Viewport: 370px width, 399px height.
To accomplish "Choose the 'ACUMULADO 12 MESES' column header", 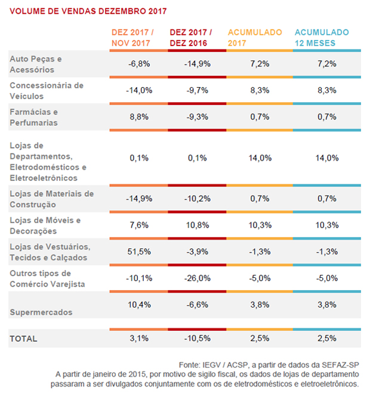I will coord(322,38).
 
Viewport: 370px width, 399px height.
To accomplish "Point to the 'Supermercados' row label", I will coord(40,312).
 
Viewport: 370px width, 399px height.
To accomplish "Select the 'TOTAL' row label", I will coord(23,339).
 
